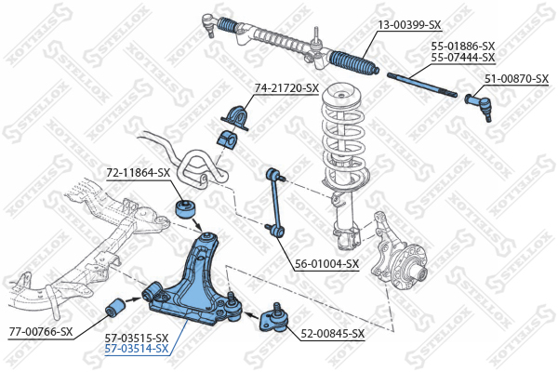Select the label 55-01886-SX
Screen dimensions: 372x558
click(462, 46)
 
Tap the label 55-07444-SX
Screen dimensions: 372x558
click(462, 58)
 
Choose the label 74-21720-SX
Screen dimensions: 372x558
click(286, 88)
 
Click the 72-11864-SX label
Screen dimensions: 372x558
click(137, 173)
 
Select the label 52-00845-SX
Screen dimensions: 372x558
click(332, 333)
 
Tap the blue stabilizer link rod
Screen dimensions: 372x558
click(273, 199)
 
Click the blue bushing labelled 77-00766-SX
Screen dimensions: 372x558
click(119, 305)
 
